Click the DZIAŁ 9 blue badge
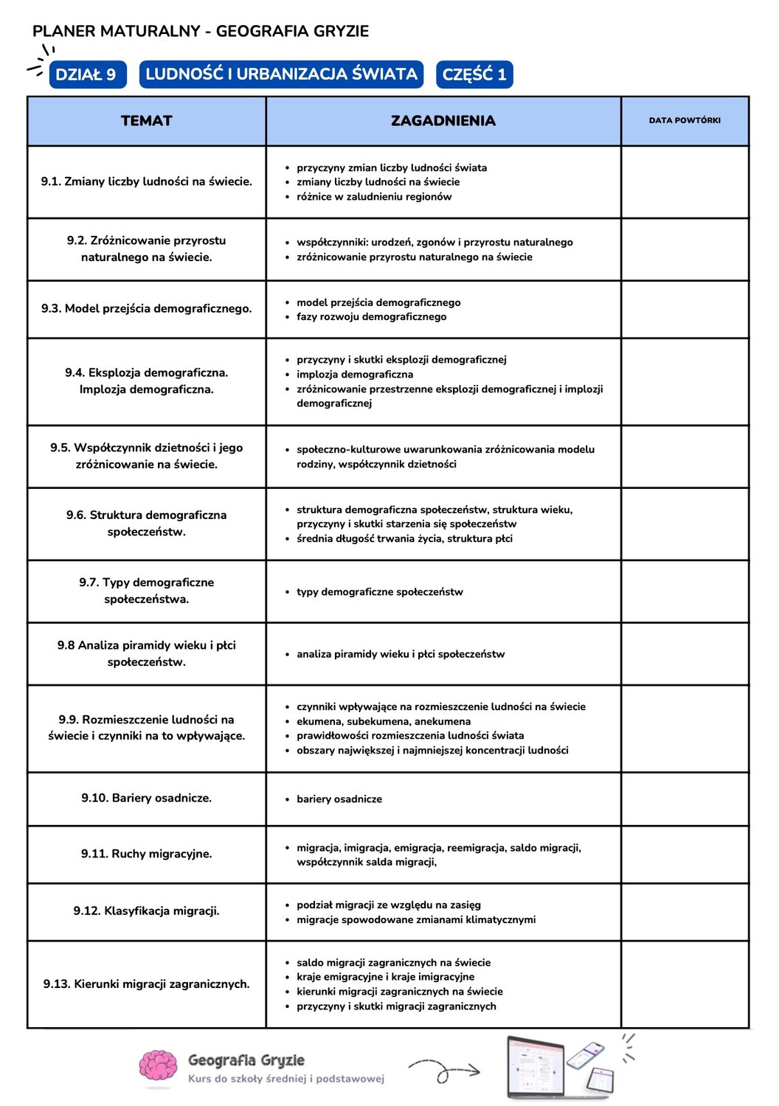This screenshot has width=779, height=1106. coord(87,74)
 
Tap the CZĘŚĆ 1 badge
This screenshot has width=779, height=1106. coord(474,74)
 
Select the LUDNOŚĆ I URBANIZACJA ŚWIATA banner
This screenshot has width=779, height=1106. coord(281,74)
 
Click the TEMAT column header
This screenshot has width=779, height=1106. coord(146,121)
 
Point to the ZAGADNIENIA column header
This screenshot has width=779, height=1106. coord(443,121)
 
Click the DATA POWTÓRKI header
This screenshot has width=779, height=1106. coord(685,120)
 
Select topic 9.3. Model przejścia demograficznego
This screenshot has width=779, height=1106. coord(146,308)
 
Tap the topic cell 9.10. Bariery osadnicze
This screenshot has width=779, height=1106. coord(146,798)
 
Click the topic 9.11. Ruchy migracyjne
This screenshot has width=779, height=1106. coord(146,854)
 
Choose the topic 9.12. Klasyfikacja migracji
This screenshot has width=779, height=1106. coord(146,911)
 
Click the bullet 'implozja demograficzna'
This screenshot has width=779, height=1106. coord(354,375)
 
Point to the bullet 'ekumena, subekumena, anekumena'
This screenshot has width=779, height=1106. coord(383,721)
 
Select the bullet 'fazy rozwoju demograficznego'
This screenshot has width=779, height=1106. coord(371,317)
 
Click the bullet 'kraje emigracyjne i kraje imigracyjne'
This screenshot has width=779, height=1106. coord(385,977)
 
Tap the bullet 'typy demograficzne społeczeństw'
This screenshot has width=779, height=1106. coord(379,592)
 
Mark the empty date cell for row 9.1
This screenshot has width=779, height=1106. coord(685,181)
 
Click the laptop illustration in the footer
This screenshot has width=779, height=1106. coord(536,1067)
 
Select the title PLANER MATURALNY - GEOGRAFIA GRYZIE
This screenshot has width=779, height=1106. coord(201,31)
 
